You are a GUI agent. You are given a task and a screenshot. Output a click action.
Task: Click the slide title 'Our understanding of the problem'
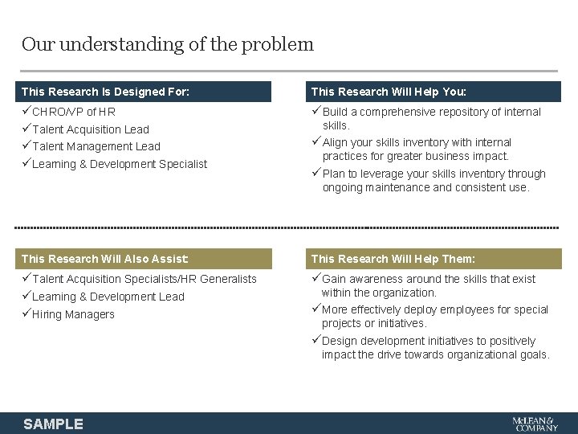pyautogui.click(x=168, y=44)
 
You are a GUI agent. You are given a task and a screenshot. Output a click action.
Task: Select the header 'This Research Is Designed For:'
pyautogui.click(x=105, y=92)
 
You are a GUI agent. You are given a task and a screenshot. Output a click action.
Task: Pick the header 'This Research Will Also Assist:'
pyautogui.click(x=105, y=259)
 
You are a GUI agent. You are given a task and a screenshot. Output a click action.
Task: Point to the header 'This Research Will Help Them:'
pyautogui.click(x=393, y=259)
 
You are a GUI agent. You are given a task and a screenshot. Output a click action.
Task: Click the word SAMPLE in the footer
pyautogui.click(x=53, y=424)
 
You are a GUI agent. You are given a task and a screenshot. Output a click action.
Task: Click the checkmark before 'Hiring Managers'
pyautogui.click(x=26, y=314)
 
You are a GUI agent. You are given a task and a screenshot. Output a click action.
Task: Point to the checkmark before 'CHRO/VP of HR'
pyautogui.click(x=26, y=112)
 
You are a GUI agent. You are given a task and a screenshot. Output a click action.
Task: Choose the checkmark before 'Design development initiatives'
pyautogui.click(x=316, y=341)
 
